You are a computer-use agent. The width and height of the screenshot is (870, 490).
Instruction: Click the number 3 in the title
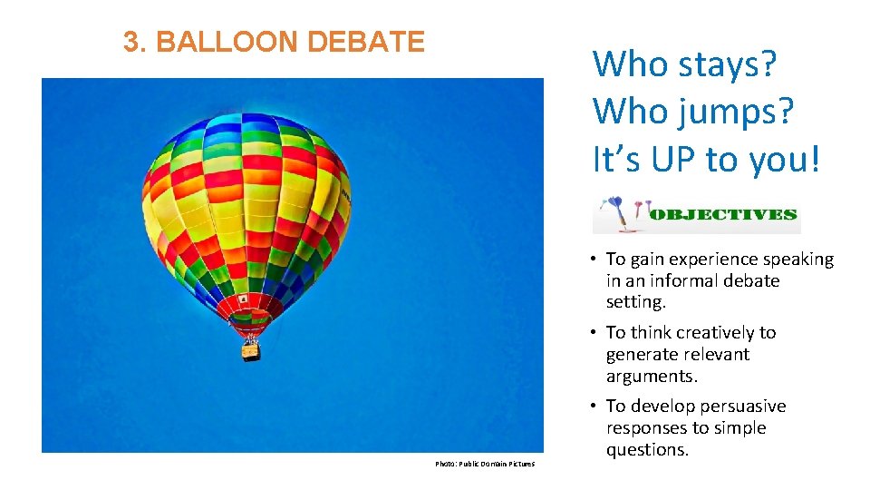(130, 42)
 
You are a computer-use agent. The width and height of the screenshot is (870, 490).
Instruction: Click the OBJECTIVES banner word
(725, 215)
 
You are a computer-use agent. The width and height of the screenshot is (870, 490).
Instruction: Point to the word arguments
(651, 377)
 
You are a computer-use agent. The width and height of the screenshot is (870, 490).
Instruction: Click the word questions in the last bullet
(647, 450)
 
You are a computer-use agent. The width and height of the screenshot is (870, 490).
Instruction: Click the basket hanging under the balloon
(250, 349)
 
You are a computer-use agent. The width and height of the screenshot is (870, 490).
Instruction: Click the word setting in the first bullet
(635, 303)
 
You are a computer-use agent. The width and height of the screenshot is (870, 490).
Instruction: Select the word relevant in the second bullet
(718, 355)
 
